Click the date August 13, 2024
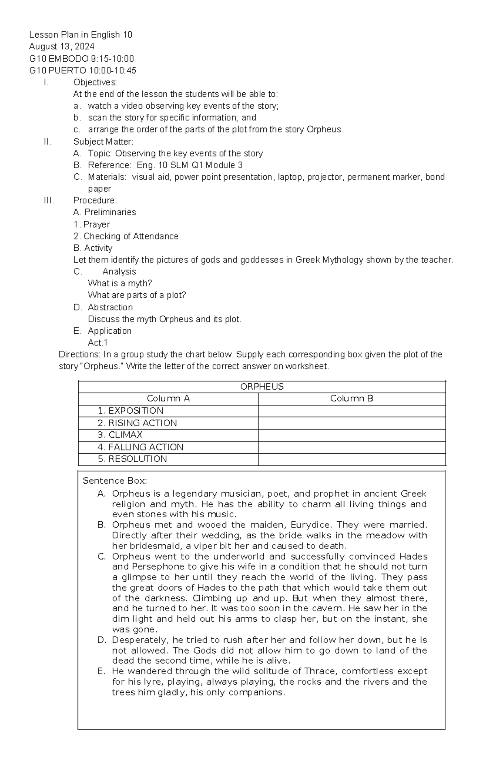(62, 47)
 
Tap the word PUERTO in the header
(62, 70)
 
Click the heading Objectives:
(95, 82)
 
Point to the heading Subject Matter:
(103, 142)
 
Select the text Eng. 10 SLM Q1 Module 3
(190, 165)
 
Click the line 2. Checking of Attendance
(126, 236)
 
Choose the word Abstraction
(110, 307)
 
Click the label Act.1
(98, 343)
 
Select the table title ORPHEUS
(262, 387)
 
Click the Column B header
(352, 399)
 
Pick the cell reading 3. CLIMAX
(120, 435)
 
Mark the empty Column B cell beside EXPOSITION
(352, 411)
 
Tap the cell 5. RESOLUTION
(132, 459)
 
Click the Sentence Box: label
(115, 481)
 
